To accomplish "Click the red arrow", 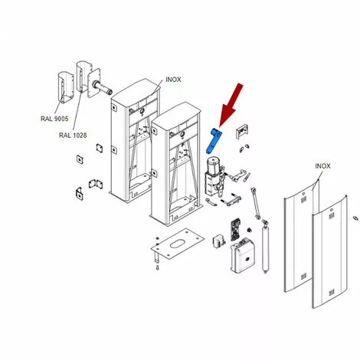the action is (x=231, y=105).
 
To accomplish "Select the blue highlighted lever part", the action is (x=213, y=142).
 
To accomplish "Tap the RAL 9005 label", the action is (x=54, y=119).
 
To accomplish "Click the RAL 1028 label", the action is (x=73, y=136).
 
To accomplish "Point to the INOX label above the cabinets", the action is (x=173, y=80).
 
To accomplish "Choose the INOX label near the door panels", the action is (x=322, y=166).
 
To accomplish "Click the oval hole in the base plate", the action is (x=178, y=244).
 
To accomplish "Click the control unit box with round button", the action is (x=242, y=255).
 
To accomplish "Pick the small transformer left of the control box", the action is (x=219, y=241).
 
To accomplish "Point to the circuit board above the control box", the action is (x=236, y=229).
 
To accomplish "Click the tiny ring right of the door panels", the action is (x=355, y=218).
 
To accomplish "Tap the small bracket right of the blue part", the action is (x=242, y=132).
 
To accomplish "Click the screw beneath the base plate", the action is (x=158, y=268).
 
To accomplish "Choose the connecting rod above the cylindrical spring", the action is (x=256, y=203).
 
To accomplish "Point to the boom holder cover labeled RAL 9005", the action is (x=65, y=87).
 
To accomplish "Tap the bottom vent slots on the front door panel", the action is (x=331, y=292).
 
